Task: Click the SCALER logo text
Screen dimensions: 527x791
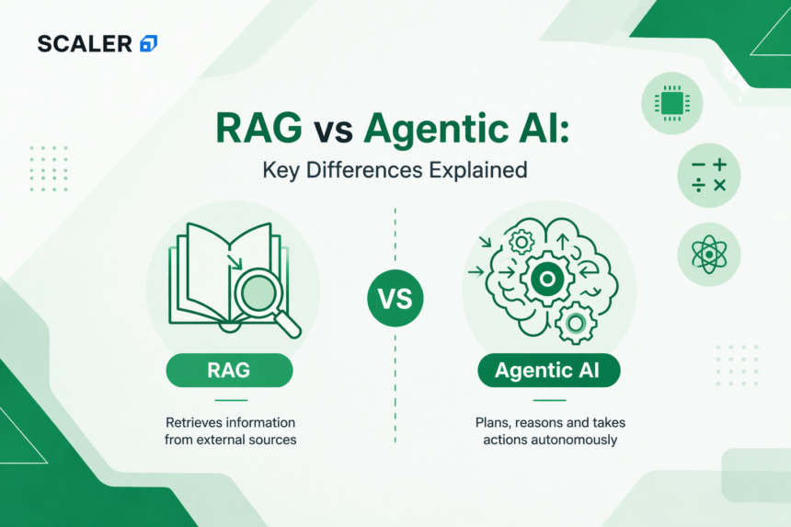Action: click(85, 43)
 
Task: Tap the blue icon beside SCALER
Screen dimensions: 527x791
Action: click(147, 43)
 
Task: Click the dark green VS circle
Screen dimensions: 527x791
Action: click(395, 299)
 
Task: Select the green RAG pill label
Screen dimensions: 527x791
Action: click(229, 372)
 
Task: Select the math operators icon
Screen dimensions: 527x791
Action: click(707, 174)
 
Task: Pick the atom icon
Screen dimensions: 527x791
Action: click(707, 253)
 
